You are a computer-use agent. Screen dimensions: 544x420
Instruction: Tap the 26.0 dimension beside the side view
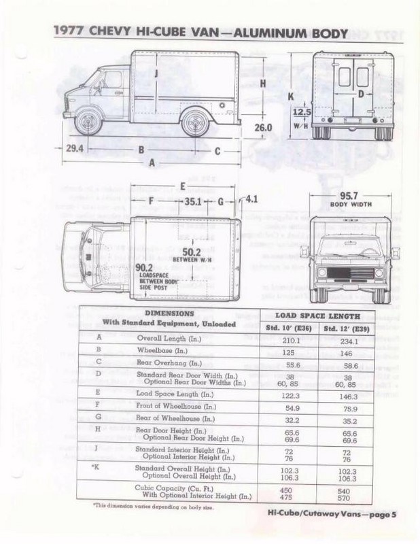263,127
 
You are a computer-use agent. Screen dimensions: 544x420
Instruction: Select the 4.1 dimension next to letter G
251,199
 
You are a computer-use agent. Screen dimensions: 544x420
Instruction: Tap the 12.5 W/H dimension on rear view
302,113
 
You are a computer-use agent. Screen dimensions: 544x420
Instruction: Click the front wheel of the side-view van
88,123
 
